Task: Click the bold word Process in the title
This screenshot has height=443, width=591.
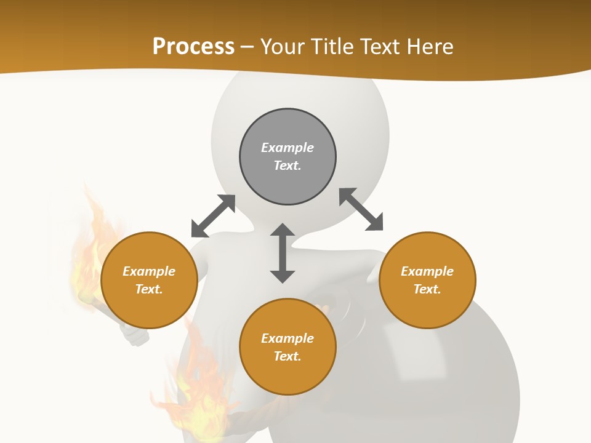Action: pos(193,47)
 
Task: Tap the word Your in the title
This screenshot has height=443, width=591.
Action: pos(283,47)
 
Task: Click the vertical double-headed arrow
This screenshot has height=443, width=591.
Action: pos(283,253)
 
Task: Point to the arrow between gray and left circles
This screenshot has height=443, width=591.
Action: pos(214,216)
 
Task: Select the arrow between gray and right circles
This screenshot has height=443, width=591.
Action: pos(361,209)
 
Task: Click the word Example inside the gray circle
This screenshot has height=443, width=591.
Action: pos(287,148)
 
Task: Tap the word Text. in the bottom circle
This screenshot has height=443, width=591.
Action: pos(287,356)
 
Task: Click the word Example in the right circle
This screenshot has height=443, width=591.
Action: pos(427,271)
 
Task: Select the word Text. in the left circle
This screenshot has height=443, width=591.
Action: pos(149,289)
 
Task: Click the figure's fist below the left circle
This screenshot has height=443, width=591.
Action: pos(135,335)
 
